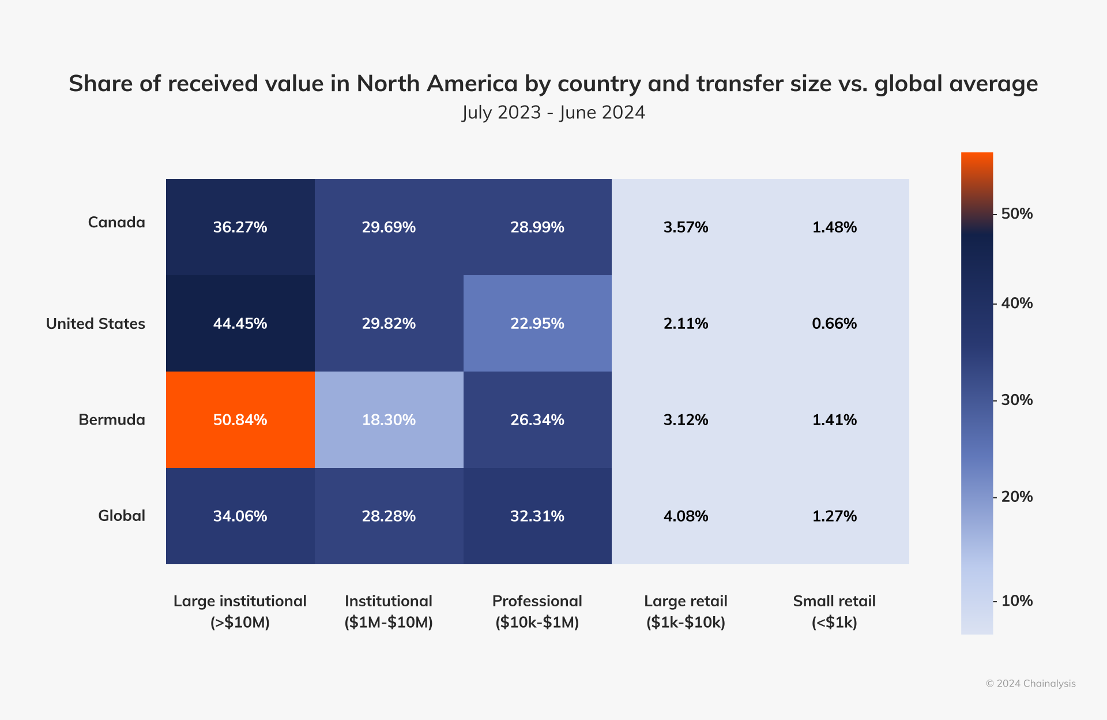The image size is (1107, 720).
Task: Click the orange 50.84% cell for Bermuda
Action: [240, 419]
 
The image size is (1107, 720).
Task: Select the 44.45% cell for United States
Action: [240, 323]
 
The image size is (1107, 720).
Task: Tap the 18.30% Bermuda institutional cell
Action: [389, 419]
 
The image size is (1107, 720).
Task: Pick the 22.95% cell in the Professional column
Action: [537, 323]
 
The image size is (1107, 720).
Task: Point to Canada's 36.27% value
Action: [240, 227]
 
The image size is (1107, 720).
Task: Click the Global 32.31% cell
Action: [537, 516]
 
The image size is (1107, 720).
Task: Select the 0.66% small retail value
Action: [834, 323]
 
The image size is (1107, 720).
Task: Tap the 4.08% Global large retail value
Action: [686, 516]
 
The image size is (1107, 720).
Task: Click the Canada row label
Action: [116, 222]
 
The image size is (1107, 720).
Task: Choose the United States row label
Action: [96, 324]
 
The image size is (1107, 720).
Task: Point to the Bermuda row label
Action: [112, 419]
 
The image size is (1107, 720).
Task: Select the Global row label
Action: [122, 516]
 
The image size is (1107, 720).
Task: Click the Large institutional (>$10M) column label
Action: [240, 612]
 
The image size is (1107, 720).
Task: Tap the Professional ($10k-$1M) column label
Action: [537, 612]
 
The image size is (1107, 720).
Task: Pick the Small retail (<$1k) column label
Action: [834, 612]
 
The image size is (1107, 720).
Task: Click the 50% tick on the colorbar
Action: [1016, 213]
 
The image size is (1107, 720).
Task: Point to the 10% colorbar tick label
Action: [1016, 601]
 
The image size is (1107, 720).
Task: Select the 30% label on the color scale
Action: [1016, 400]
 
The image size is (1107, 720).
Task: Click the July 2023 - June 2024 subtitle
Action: [553, 112]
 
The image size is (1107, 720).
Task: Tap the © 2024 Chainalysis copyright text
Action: [1030, 684]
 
